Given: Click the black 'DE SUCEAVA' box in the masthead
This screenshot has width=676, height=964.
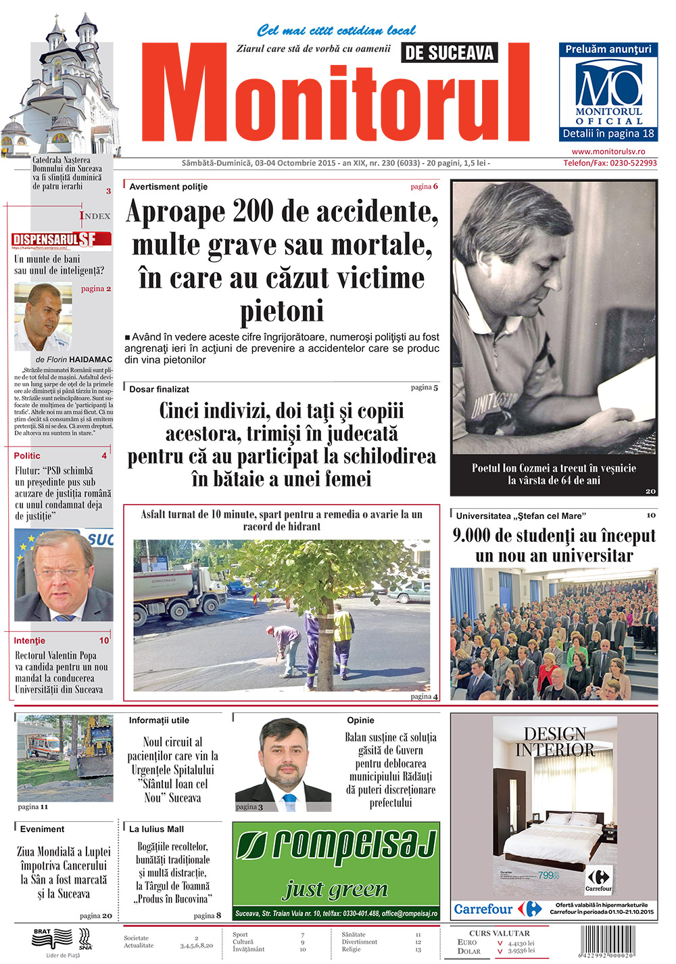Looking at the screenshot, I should tap(449, 53).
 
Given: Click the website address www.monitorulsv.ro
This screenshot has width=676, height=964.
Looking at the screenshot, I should tap(608, 152).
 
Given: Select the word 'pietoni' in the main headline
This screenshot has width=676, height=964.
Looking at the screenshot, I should tap(282, 311).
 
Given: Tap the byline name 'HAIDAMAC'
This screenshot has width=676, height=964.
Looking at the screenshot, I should tap(90, 359).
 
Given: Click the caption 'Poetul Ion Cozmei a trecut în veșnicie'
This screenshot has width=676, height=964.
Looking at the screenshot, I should tap(554, 467).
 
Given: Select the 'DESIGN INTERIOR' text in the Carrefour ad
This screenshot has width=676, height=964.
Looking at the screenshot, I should tap(555, 741).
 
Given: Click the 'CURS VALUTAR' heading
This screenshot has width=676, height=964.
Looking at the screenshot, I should tap(500, 933).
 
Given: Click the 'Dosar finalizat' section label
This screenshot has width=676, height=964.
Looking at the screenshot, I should tap(159, 389).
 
